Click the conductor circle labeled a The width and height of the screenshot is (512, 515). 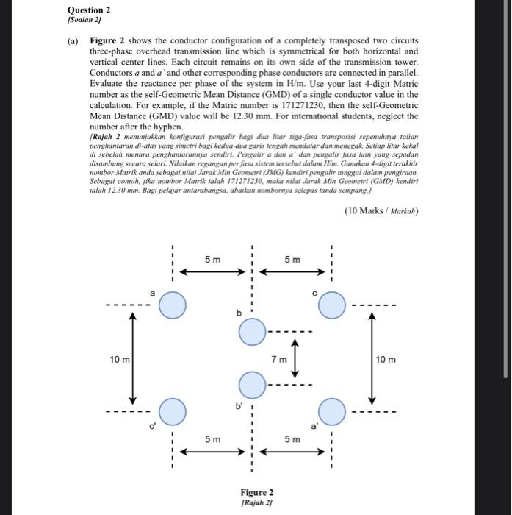tap(173, 305)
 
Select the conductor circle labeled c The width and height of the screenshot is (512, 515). tap(332, 305)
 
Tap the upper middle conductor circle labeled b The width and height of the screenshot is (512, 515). tap(252, 333)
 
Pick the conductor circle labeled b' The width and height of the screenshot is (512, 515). tap(252, 383)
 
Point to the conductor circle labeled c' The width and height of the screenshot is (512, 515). tap(173, 411)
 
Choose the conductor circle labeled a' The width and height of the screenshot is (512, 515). tap(332, 411)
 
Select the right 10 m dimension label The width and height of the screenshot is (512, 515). tap(386, 359)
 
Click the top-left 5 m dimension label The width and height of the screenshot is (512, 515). tap(212, 259)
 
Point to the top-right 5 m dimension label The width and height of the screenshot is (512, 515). tap(292, 259)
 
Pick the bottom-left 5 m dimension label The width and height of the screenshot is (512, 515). tap(212, 439)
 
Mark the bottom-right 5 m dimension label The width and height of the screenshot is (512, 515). tap(292, 439)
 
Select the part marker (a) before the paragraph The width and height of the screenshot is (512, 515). tap(73, 41)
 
